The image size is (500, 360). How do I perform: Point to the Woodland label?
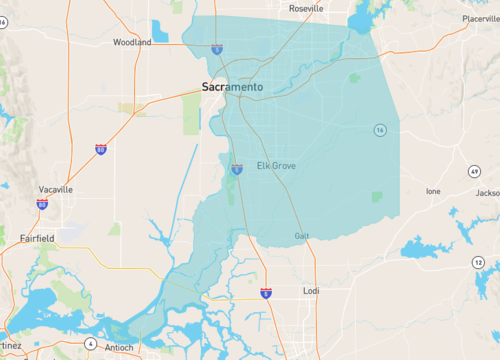(132, 43)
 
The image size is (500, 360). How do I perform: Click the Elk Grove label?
(277, 165)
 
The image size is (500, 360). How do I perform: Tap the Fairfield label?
(38, 238)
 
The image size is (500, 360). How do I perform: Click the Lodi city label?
(311, 291)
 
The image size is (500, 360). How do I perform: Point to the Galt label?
(302, 236)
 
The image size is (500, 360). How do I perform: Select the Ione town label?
(433, 191)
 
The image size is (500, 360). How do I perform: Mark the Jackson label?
(487, 193)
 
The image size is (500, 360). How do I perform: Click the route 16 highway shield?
(380, 130)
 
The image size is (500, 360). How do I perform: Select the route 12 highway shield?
(478, 262)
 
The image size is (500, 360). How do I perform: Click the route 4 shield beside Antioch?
(89, 344)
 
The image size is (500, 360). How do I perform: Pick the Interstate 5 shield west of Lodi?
(265, 292)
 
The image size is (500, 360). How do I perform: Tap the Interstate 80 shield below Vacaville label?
(42, 204)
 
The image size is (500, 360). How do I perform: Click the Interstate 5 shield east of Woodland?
(217, 48)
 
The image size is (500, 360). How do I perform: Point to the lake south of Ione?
(425, 247)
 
